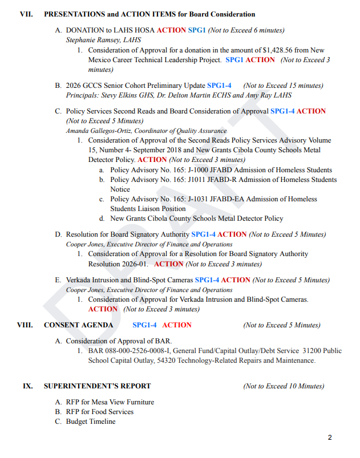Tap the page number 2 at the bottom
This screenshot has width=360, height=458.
click(x=330, y=437)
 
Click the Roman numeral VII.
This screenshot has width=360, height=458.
click(x=26, y=14)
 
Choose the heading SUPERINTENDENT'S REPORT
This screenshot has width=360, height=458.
click(x=98, y=386)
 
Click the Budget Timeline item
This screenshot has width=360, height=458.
click(x=91, y=421)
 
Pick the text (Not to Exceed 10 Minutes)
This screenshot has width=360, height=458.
click(x=284, y=386)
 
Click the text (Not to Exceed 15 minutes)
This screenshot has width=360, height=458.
click(x=283, y=86)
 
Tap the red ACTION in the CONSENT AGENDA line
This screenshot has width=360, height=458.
click(x=177, y=325)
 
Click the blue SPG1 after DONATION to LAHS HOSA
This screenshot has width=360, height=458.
click(x=197, y=30)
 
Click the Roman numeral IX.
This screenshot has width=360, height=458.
click(x=27, y=386)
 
